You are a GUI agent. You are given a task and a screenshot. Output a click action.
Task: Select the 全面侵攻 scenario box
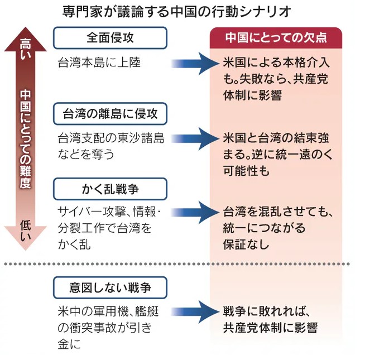pos(111,38)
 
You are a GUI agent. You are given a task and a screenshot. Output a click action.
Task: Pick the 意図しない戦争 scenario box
pos(111,289)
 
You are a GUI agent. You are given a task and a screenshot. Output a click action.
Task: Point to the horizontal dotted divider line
pos(182,264)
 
